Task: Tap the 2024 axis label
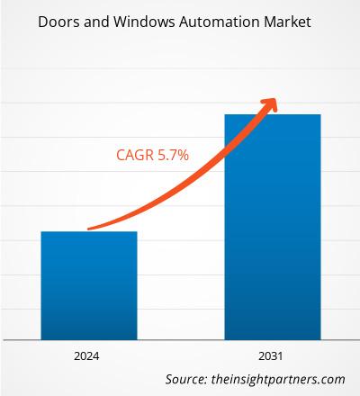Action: [x=88, y=355]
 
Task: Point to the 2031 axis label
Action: [x=272, y=355]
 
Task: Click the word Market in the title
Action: [x=288, y=21]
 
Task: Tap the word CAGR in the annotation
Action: [x=135, y=156]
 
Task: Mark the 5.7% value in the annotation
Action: [x=172, y=156]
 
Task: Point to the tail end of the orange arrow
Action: [x=88, y=229]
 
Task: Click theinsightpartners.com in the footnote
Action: [x=270, y=379]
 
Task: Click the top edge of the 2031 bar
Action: [x=272, y=115]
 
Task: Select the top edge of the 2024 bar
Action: [x=88, y=232]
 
